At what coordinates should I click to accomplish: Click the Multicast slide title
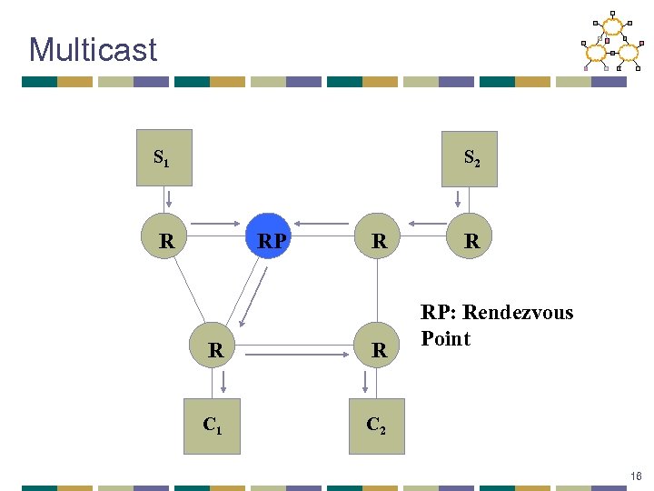coord(93,49)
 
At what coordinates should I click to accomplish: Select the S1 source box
coord(164,158)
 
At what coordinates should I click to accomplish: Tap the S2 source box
coord(470,158)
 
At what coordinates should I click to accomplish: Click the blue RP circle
coord(270,241)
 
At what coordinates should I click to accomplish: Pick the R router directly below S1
coord(166,241)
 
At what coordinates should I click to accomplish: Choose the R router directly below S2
coord(471,241)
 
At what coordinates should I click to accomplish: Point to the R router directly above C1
coord(215,349)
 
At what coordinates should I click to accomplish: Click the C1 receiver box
coord(212,426)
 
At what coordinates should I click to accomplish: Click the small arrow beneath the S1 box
coord(167,198)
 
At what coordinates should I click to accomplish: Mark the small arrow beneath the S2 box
coord(459,198)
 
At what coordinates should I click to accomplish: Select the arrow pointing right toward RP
coord(218,223)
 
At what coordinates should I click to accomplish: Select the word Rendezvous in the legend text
coord(520,313)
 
